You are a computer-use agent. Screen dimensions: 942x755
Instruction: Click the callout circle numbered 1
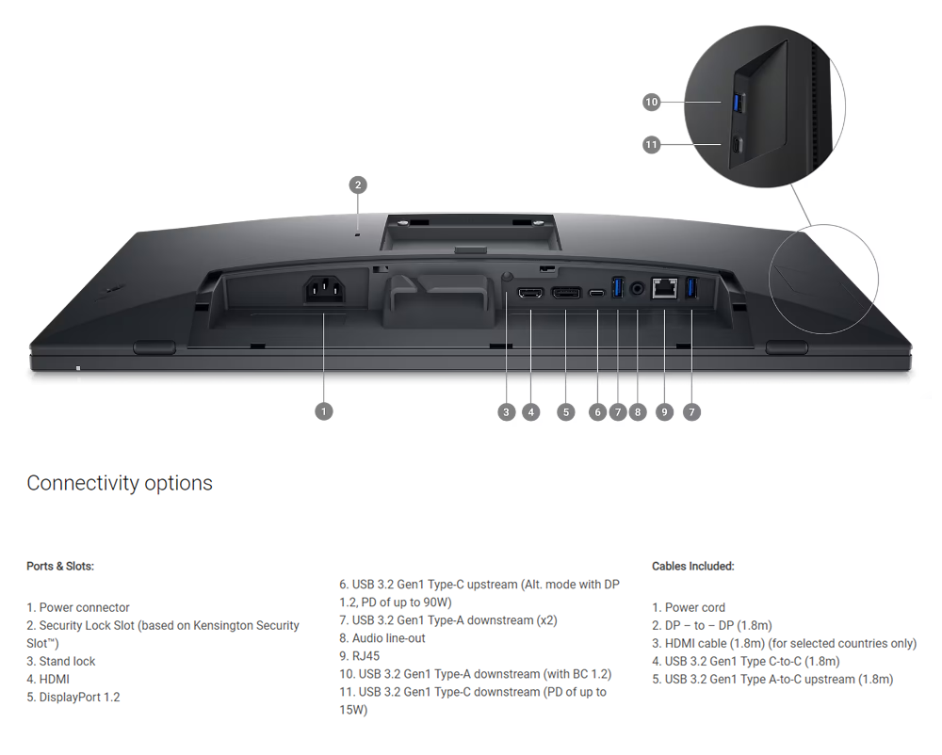[x=324, y=411]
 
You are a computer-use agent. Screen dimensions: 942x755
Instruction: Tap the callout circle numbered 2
[x=358, y=185]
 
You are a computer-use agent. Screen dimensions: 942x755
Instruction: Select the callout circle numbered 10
[x=651, y=102]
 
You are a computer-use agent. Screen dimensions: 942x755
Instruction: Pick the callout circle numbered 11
[x=651, y=145]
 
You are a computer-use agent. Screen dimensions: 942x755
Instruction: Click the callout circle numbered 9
[x=664, y=412]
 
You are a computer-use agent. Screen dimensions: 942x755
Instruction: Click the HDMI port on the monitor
[x=529, y=293]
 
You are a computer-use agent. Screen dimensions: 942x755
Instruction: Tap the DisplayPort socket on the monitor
[x=566, y=293]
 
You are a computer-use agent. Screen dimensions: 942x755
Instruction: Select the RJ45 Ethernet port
[x=664, y=288]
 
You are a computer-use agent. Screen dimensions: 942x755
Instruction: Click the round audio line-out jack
[x=638, y=289]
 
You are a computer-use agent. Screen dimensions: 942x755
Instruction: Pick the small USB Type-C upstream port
[x=596, y=294]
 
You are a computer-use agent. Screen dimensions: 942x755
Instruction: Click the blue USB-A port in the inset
[x=739, y=103]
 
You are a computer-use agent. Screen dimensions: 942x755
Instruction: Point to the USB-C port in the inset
[x=738, y=145]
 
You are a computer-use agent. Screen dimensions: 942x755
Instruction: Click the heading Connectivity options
[x=120, y=483]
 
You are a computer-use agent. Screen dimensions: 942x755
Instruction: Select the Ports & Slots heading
[x=60, y=566]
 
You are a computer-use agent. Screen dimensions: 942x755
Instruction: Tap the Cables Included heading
[x=692, y=566]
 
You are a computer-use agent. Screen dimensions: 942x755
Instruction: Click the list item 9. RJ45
[x=359, y=656]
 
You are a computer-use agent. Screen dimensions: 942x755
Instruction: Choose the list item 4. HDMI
[x=48, y=680]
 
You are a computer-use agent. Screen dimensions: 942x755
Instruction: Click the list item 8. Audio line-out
[x=382, y=638]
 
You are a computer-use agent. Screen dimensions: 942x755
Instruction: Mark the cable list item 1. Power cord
[x=689, y=607]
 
